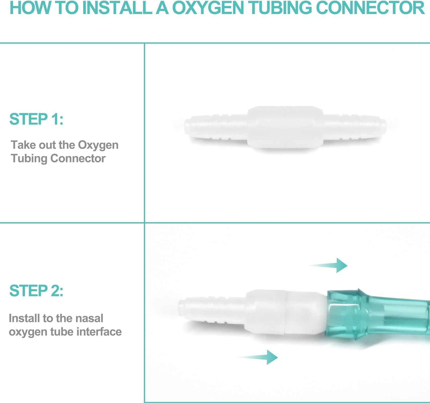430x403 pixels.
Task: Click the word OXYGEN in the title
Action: (x=208, y=8)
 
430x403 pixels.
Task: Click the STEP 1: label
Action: (x=36, y=119)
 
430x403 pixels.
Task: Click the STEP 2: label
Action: (x=36, y=291)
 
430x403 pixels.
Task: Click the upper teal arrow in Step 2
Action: (x=330, y=265)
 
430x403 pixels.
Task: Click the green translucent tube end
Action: (x=378, y=315)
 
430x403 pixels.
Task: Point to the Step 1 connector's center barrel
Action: (x=285, y=128)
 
